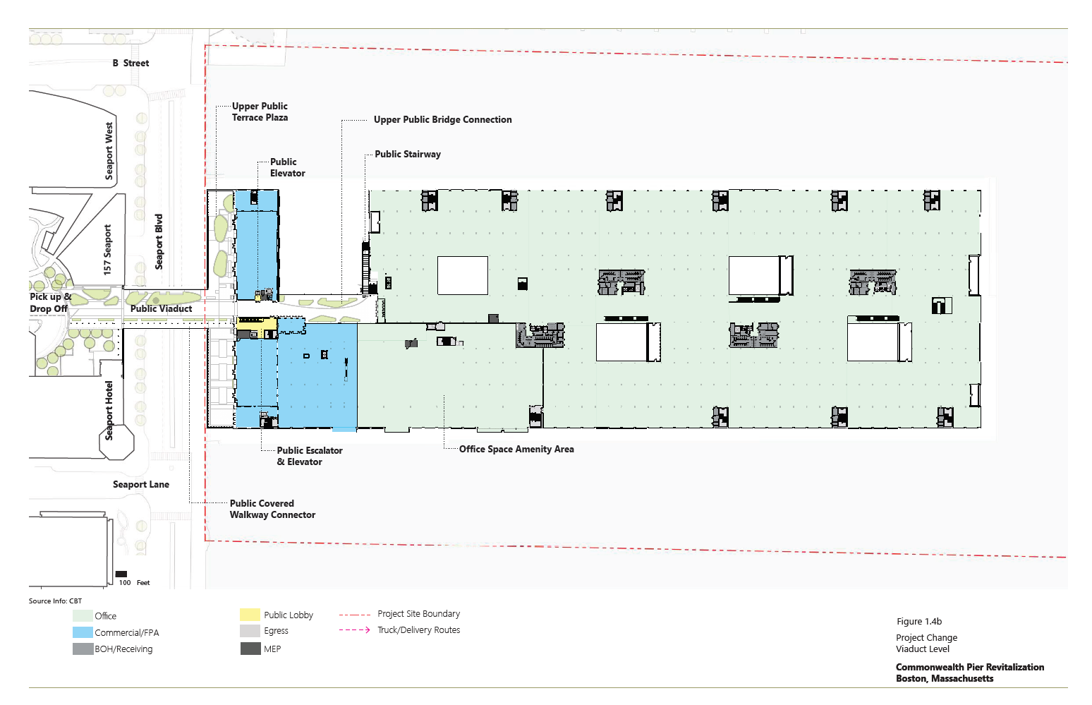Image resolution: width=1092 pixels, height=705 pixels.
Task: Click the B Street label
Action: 131,63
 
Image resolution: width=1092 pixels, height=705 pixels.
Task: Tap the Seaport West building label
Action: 109,150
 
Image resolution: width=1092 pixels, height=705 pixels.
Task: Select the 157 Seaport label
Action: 107,250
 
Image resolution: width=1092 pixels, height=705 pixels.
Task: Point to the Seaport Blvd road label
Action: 159,241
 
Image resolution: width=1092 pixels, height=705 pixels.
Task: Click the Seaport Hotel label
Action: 109,411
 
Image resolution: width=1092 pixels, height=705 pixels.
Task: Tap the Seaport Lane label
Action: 141,484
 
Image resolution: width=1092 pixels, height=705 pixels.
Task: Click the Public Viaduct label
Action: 161,308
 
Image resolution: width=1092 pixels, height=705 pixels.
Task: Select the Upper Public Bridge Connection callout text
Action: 442,119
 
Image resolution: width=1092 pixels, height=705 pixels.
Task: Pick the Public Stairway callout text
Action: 408,154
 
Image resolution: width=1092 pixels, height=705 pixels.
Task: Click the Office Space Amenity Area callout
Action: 516,449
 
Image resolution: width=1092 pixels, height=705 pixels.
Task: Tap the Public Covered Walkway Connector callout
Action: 272,509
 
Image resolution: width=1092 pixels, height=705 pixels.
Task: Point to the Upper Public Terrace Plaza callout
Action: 260,112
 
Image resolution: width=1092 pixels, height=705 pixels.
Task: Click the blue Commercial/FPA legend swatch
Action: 83,632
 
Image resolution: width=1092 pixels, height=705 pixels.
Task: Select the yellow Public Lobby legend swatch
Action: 250,615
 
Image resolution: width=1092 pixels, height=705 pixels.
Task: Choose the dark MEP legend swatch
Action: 250,649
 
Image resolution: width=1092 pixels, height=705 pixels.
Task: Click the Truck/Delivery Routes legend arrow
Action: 354,630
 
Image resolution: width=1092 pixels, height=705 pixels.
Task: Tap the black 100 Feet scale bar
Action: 121,574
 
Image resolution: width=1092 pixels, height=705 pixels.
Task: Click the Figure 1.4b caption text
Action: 919,622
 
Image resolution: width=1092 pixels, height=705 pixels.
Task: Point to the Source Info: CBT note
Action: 55,601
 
